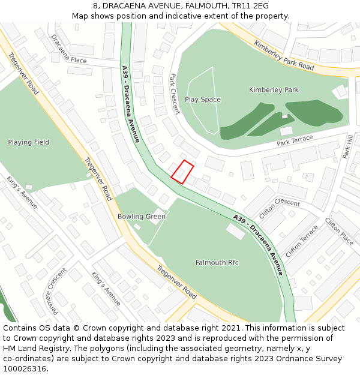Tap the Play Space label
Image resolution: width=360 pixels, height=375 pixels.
tap(203, 100)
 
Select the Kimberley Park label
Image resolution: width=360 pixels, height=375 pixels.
tap(274, 90)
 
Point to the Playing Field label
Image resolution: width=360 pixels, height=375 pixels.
tap(29, 142)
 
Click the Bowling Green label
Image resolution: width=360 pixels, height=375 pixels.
tap(141, 217)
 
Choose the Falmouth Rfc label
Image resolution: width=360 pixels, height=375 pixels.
tap(217, 263)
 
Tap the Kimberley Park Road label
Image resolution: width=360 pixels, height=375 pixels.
tap(283, 56)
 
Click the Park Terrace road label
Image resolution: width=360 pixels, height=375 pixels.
tap(295, 140)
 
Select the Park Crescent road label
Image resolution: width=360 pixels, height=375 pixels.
tap(175, 94)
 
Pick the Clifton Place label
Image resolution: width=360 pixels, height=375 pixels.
tap(339, 230)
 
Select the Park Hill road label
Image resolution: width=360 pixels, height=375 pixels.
tap(348, 146)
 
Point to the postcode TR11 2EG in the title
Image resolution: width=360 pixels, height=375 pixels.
tap(250, 6)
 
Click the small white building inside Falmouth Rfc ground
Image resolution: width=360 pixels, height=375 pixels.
tap(235, 232)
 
